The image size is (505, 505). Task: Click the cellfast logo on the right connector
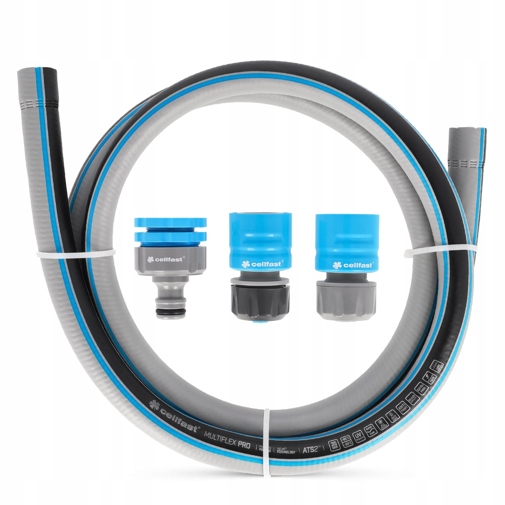point(353,265)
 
